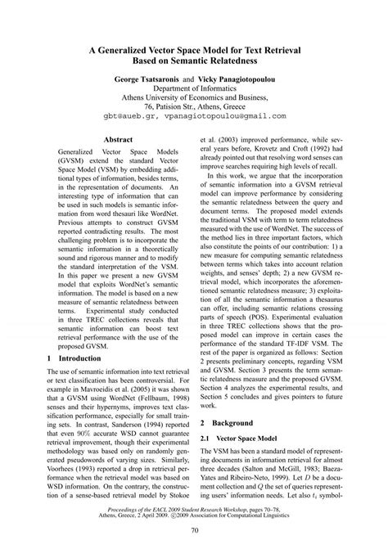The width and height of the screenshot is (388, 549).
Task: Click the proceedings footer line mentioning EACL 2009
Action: (194, 509)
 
